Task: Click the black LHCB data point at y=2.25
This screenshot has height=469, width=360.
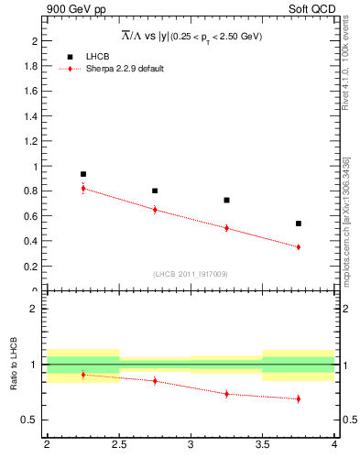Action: pyautogui.click(x=82, y=174)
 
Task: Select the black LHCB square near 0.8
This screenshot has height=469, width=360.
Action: pyautogui.click(x=155, y=191)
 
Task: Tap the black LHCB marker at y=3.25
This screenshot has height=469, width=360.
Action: pyautogui.click(x=226, y=200)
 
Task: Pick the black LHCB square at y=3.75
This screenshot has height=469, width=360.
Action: pyautogui.click(x=299, y=224)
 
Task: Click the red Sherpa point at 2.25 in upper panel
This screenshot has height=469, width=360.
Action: pyautogui.click(x=82, y=189)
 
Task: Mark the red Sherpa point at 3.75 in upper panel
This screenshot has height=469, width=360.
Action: pyautogui.click(x=299, y=247)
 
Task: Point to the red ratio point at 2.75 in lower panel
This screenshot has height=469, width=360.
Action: pyautogui.click(x=155, y=381)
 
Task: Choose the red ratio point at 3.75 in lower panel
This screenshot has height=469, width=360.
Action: pyautogui.click(x=299, y=398)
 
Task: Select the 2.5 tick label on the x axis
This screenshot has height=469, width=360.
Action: pyautogui.click(x=118, y=445)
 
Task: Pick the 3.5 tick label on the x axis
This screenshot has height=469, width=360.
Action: pyautogui.click(x=262, y=445)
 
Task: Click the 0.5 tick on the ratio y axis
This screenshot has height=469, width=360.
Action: pyautogui.click(x=30, y=420)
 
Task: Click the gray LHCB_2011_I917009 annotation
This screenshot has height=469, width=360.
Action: pyautogui.click(x=191, y=274)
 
